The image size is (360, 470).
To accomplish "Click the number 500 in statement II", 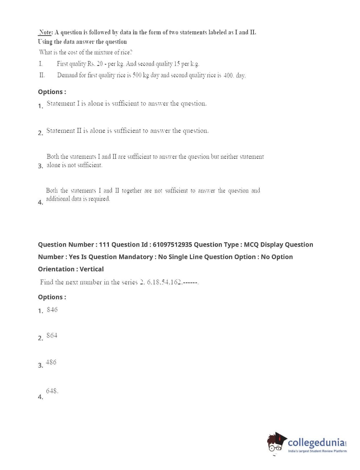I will pyautogui.click(x=137, y=75).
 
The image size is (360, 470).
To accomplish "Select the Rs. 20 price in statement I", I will pyautogui.click(x=95, y=64).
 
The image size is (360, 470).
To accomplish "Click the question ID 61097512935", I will pyautogui.click(x=172, y=245).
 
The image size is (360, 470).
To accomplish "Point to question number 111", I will pyautogui.click(x=104, y=245).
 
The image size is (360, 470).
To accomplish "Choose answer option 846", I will pyautogui.click(x=52, y=310).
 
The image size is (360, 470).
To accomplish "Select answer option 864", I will pyautogui.click(x=52, y=335).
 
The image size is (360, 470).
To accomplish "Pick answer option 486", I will pyautogui.click(x=51, y=362).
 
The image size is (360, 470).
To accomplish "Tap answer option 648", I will pyautogui.click(x=51, y=391).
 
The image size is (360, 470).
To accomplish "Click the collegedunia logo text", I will pyautogui.click(x=316, y=443).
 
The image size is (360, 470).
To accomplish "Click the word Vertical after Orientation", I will pyautogui.click(x=91, y=269).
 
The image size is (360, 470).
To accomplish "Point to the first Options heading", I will pyautogui.click(x=52, y=92).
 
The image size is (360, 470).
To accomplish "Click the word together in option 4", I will pyautogui.click(x=132, y=191).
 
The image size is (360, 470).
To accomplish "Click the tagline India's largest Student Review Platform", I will pyautogui.click(x=317, y=451).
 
